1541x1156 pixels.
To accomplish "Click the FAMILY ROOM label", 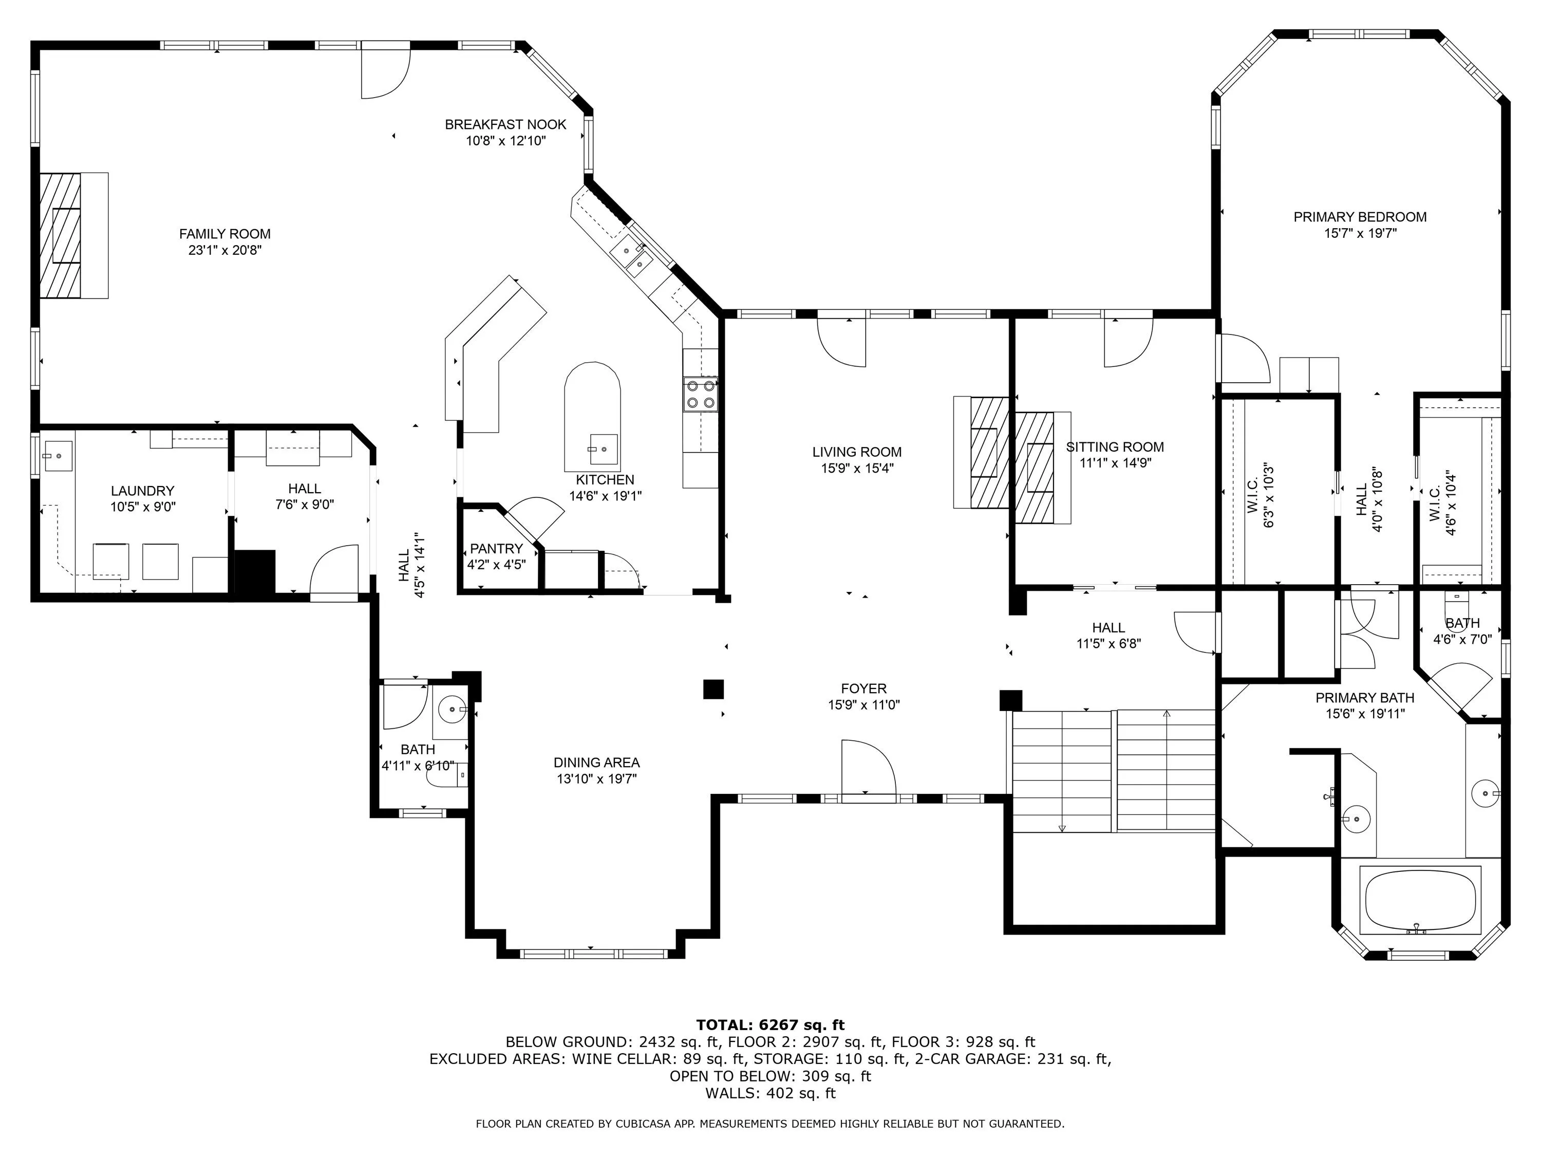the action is pos(224,234).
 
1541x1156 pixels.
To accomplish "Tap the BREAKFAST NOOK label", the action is pos(506,125).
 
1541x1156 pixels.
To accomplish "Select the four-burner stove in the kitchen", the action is pos(701,394).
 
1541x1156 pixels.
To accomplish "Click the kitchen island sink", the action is pos(604,450).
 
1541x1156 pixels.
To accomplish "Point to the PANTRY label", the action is pos(496,548).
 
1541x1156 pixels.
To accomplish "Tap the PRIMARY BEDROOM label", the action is pos(1360,217).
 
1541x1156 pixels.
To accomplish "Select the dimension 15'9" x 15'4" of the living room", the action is pos(857,468).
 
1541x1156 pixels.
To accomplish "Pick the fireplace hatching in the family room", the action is pos(60,235).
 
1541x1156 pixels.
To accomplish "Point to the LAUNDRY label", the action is pos(142,491).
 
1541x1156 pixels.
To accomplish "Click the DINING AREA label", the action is pos(596,762).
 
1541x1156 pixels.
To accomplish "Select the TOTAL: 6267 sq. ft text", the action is pos(770,1024).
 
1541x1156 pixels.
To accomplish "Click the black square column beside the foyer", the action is pos(713,689).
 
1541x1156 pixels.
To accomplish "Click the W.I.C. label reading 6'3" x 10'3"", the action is pos(1260,503).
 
